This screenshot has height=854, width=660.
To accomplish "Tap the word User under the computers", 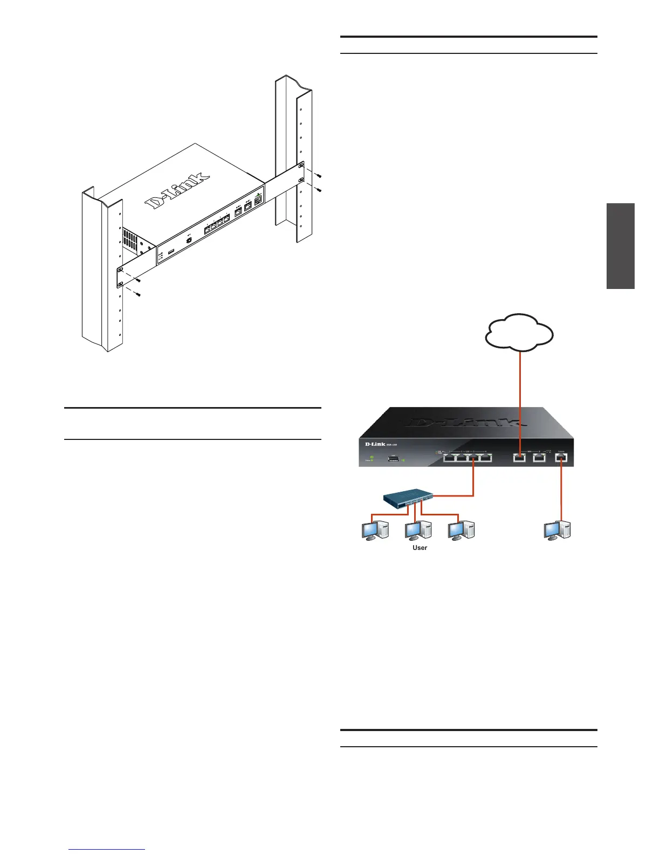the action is point(420,548).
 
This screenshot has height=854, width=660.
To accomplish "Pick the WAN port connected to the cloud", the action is point(520,458).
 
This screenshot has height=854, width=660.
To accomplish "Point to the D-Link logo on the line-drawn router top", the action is point(178,191).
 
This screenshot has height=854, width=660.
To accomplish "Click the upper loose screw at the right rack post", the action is point(319,176).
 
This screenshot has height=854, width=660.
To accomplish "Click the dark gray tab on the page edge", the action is point(620,246).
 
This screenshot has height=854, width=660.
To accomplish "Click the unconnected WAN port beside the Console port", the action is point(539,458).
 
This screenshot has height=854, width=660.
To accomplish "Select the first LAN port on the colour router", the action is point(450,458).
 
